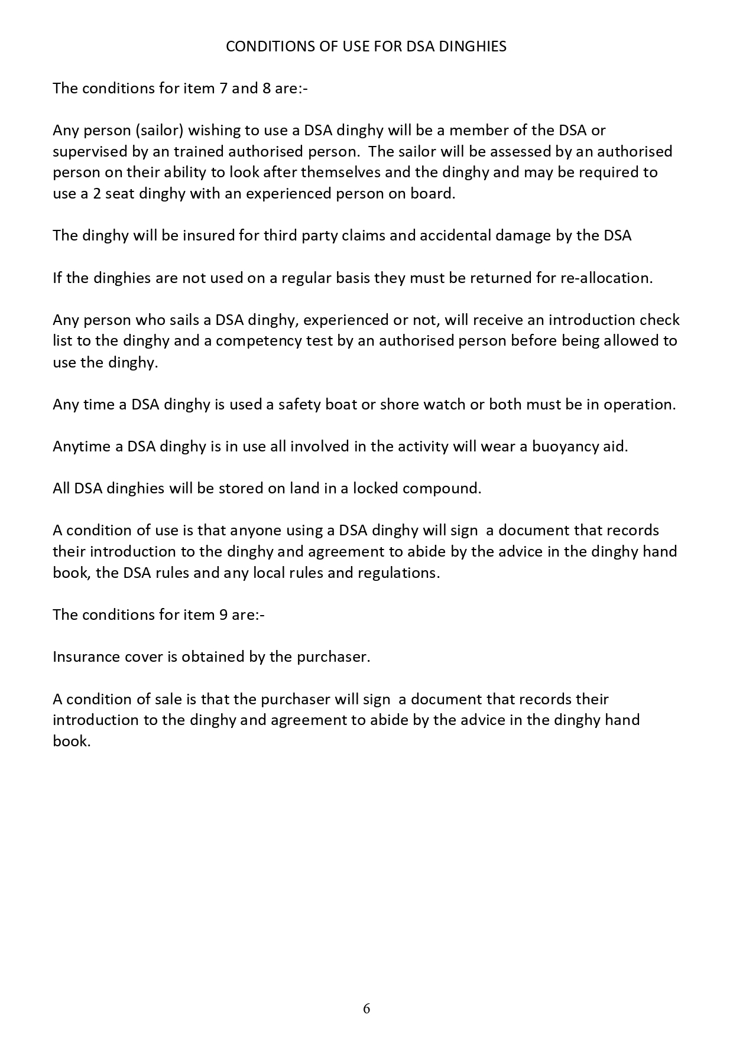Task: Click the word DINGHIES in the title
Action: [x=472, y=47]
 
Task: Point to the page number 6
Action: [x=367, y=1009]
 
